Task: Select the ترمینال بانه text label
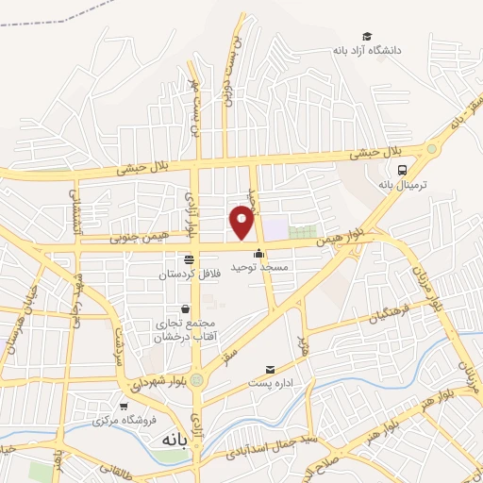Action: (404, 186)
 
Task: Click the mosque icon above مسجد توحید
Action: (259, 253)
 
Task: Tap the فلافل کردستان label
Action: (190, 272)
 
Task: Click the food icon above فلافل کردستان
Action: (190, 258)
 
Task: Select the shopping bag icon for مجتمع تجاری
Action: (184, 308)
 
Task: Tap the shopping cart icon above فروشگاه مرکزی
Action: (124, 406)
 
